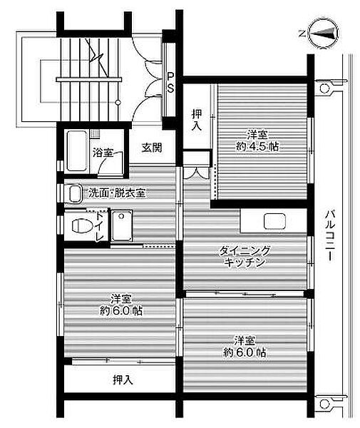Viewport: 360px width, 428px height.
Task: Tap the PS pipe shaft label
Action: click(170, 82)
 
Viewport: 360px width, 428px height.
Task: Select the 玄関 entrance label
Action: click(152, 148)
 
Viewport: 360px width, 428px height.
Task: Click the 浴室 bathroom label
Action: click(103, 153)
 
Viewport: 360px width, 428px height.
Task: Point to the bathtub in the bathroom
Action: click(77, 151)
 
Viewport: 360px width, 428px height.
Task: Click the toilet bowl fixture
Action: click(81, 225)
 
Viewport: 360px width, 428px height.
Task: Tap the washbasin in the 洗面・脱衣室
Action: click(75, 194)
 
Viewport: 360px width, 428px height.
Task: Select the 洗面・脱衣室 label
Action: click(116, 193)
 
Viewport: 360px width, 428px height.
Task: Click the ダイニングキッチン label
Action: click(245, 256)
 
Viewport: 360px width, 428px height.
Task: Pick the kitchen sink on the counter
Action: click(274, 221)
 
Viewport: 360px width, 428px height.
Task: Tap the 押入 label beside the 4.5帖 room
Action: click(197, 120)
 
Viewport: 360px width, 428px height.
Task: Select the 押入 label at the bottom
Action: click(123, 379)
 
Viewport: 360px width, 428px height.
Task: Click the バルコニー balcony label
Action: click(330, 235)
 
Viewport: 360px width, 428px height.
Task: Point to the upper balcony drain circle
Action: click(324, 88)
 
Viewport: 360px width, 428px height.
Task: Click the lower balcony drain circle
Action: click(324, 404)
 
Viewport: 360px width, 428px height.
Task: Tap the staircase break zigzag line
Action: click(96, 57)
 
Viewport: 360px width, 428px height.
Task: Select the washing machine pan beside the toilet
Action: click(122, 225)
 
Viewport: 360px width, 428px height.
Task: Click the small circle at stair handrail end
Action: click(118, 103)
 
